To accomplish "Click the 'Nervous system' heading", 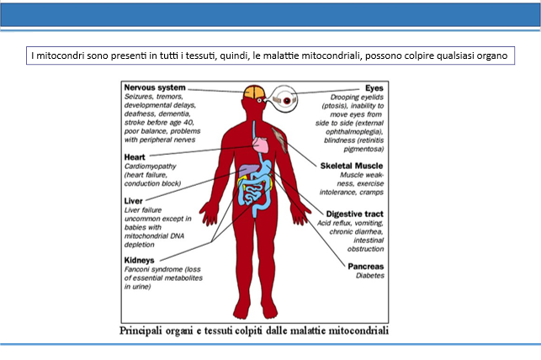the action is tap(155, 87).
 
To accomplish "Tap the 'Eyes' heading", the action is tap(374, 88).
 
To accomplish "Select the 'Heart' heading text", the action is tap(135, 157).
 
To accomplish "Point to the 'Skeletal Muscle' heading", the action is tap(352, 166).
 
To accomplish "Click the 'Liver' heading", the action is tap(133, 201).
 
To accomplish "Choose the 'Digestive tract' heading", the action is tap(355, 214).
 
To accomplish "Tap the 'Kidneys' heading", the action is tap(139, 261).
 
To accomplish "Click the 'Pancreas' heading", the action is tap(366, 267).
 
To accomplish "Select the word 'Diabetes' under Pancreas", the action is tap(370, 276).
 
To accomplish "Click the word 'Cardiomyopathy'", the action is tap(150, 167).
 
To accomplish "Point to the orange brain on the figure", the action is tap(254, 92).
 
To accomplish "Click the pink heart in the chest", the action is tap(261, 145).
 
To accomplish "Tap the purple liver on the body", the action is tap(249, 171).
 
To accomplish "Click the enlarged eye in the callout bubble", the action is tap(285, 99).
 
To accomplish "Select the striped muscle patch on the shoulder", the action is tap(280, 140).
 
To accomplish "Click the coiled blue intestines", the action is tap(255, 194).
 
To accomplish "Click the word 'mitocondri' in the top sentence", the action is tap(61, 56).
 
